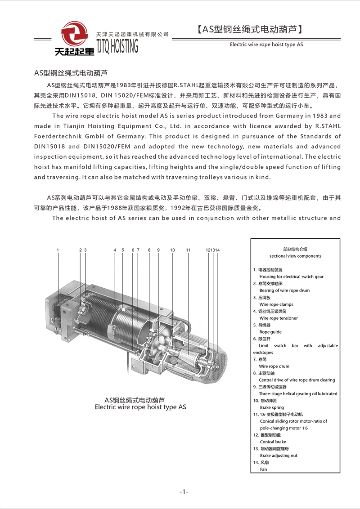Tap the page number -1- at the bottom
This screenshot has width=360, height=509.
184,491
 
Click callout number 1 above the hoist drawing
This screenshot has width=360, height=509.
58,250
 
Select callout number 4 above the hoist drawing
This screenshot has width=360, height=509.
115,250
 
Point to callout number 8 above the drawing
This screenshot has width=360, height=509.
149,250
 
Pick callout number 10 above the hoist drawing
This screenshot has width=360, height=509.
172,250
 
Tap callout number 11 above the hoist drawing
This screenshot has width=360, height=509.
188,250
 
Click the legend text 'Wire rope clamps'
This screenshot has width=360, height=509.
276,304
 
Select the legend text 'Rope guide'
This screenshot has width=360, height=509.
270,332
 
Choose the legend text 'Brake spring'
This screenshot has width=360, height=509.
272,407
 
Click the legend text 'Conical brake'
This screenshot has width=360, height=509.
273,442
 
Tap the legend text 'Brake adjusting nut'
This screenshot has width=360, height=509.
279,455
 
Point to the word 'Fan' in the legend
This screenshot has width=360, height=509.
263,469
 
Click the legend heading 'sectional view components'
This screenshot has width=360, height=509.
295,256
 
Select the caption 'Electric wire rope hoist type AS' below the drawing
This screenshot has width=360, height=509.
140,407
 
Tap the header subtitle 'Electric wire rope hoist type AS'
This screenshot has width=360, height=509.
266,45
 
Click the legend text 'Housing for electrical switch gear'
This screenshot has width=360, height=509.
292,277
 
